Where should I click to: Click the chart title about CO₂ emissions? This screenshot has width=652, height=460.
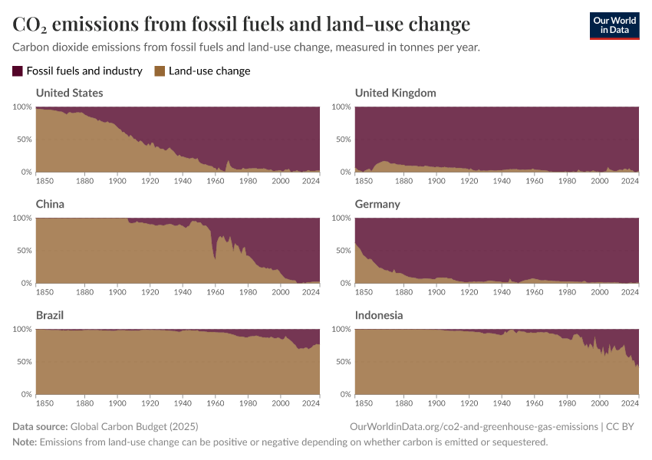click(x=242, y=25)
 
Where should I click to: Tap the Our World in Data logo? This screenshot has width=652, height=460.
click(x=614, y=25)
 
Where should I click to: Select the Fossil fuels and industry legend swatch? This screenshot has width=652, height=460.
click(x=18, y=71)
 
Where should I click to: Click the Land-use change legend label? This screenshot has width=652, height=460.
click(x=209, y=71)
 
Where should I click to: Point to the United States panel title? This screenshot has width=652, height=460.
click(x=70, y=93)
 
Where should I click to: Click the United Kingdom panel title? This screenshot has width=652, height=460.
click(x=395, y=93)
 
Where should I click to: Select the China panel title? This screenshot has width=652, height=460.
click(x=50, y=205)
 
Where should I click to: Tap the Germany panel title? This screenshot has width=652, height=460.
click(x=377, y=205)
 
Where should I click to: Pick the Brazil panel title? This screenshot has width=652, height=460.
click(x=50, y=315)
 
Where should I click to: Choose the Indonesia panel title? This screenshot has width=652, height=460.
click(x=379, y=315)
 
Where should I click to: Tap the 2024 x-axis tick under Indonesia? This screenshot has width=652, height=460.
click(x=630, y=403)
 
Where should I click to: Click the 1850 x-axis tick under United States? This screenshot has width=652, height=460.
click(x=45, y=181)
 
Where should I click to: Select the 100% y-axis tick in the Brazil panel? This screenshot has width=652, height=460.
click(x=21, y=329)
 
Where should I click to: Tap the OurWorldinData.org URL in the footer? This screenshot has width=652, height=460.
click(x=473, y=426)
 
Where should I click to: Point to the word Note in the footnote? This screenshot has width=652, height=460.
click(x=25, y=442)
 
